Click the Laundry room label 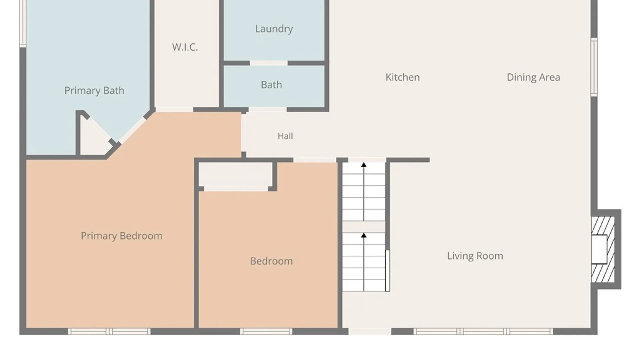(x=274, y=29)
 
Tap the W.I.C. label (x=185, y=47)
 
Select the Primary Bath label (x=94, y=90)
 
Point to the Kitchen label (x=403, y=77)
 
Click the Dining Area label (x=533, y=77)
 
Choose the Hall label (x=285, y=136)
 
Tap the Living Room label (x=475, y=256)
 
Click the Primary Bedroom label (x=122, y=236)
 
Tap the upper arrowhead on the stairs (x=364, y=165)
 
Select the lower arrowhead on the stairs (x=364, y=235)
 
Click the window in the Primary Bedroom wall (x=109, y=331)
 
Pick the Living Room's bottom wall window (x=483, y=331)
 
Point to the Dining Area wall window (x=594, y=67)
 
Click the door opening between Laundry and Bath (x=269, y=63)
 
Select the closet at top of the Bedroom (x=236, y=175)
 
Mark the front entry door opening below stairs (x=370, y=331)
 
